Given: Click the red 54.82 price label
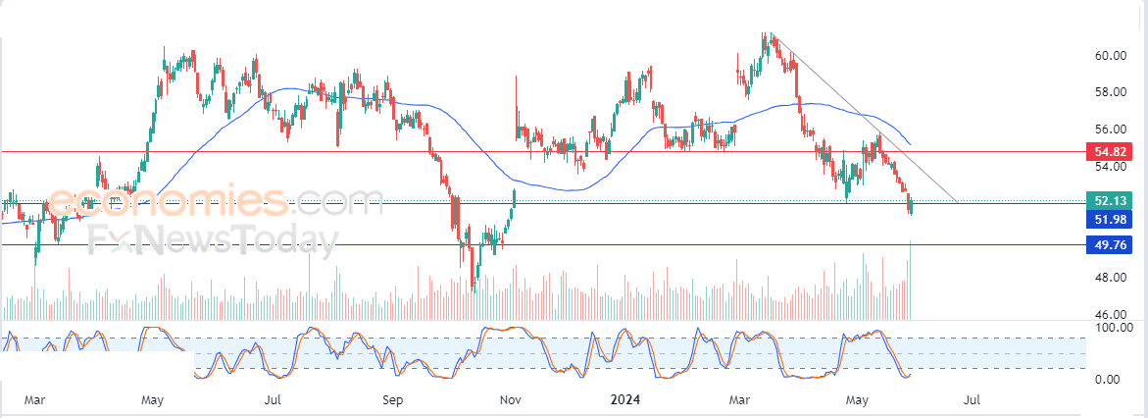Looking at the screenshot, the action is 1110,152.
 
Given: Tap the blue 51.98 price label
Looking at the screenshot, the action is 1110,218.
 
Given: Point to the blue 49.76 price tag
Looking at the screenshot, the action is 1110,244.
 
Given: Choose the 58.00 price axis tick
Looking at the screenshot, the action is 1110,92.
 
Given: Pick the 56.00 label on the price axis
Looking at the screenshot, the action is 1110,130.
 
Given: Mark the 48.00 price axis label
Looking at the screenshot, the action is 1110,278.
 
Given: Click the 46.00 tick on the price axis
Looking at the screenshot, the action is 1110,314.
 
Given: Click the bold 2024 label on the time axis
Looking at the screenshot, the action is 625,399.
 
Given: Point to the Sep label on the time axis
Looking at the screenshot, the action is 393,399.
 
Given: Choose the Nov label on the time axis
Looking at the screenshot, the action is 511,399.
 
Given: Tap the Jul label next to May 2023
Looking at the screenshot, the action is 272,399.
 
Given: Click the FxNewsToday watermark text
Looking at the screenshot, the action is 214,239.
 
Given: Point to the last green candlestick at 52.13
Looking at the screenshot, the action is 911,207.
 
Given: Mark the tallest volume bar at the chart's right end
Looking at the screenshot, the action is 910,280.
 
